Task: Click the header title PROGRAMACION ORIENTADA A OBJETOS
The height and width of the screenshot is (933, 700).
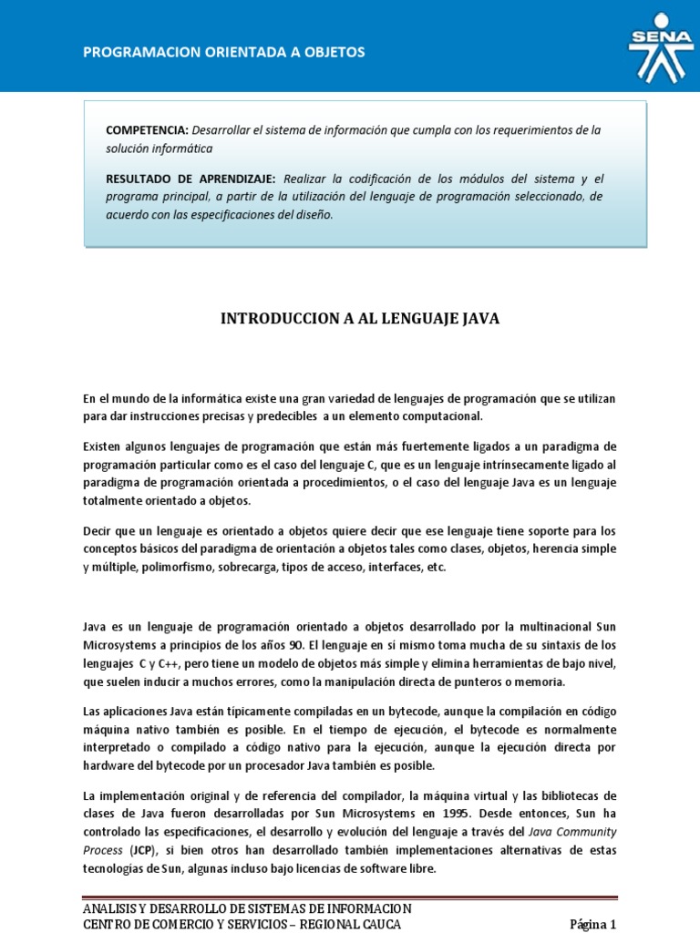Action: coord(224,52)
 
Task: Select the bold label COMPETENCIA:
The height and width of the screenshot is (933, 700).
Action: coord(147,130)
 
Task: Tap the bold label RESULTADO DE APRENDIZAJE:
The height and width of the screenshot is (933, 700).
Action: coord(190,179)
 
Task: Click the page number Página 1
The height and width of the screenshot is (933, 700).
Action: coord(593,924)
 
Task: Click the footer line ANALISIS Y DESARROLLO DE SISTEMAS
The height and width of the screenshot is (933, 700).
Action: coord(247,908)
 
